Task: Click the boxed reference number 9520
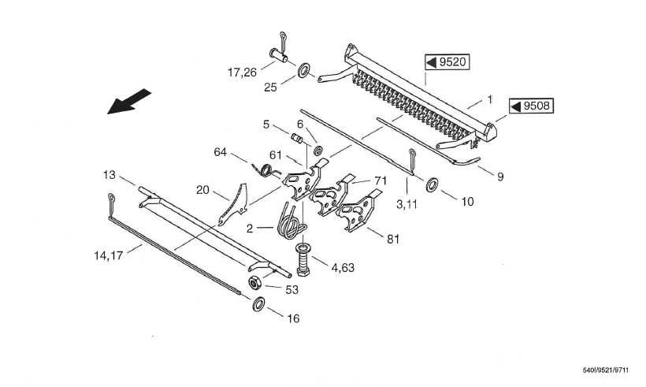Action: coord(447,62)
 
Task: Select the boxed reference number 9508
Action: coord(532,106)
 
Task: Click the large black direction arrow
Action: coord(129,102)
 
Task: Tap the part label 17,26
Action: coord(242,73)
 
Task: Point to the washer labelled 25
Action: coord(304,70)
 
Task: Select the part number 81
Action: coord(393,239)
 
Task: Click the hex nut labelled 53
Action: coord(254,283)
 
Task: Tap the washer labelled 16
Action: coord(259,303)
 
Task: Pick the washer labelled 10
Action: coord(432,185)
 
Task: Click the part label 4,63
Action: coord(343,268)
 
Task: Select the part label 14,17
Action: coord(109,255)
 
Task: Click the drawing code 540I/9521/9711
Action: coord(606,370)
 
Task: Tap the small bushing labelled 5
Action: coord(297,139)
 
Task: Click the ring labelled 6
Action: coord(317,151)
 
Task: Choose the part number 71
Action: coord(381,181)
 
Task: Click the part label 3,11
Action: coord(407,204)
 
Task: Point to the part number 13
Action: coord(110,175)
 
